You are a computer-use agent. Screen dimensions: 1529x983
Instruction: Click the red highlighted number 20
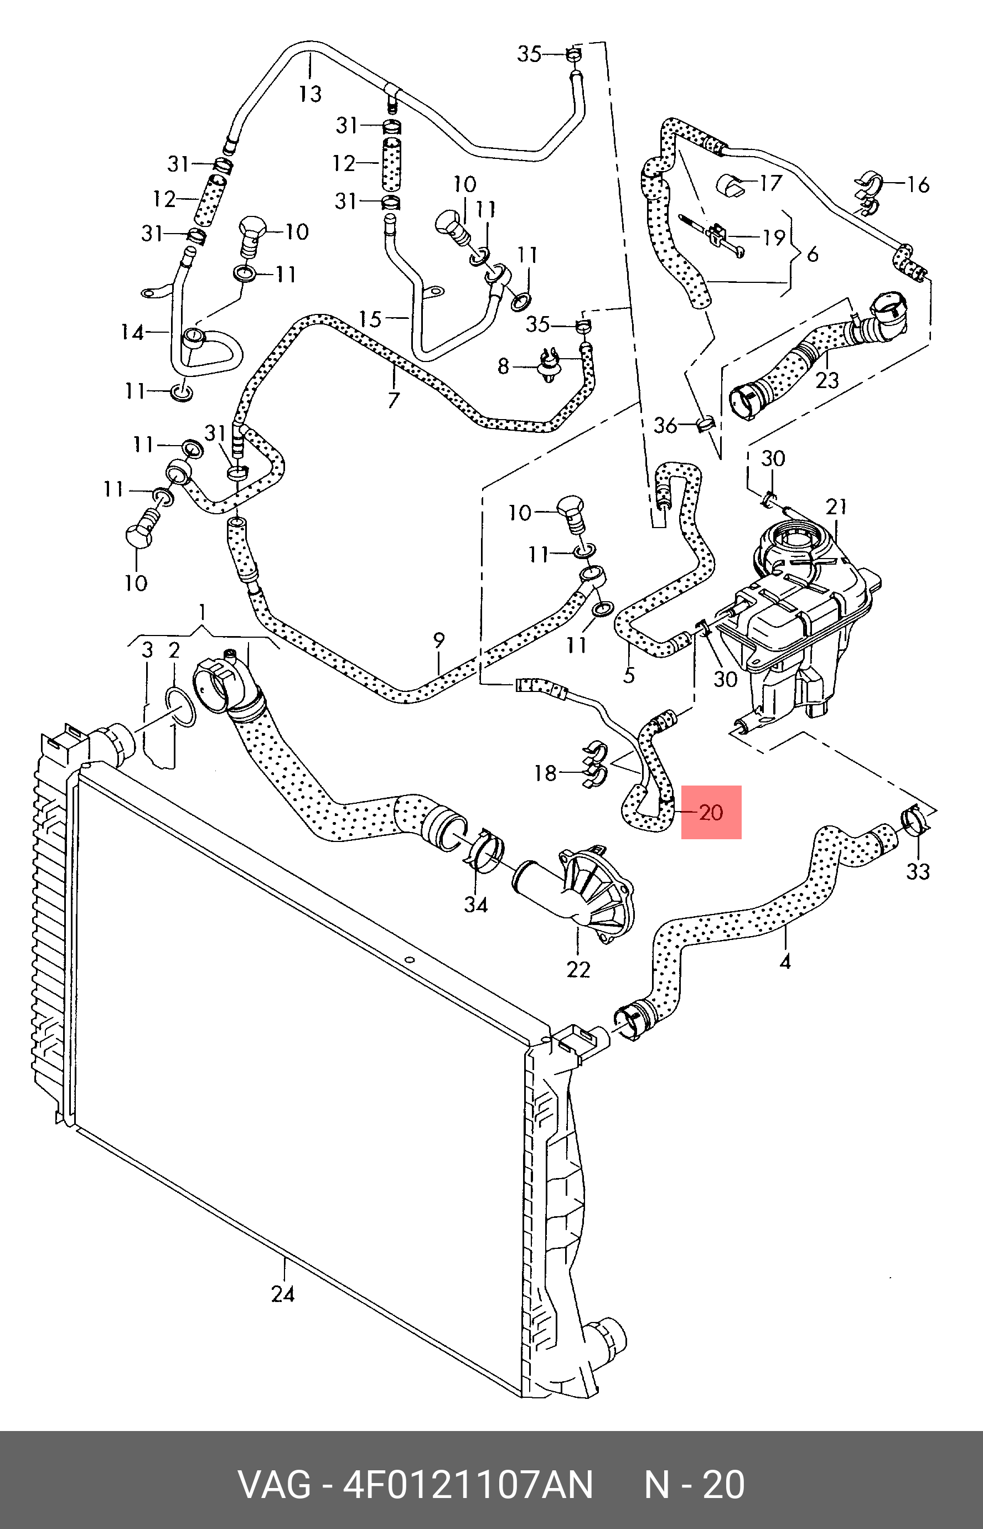(711, 812)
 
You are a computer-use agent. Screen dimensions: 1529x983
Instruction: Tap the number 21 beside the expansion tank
(836, 507)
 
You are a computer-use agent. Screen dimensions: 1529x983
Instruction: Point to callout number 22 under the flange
(578, 969)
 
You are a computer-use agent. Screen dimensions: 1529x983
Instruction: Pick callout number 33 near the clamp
(918, 871)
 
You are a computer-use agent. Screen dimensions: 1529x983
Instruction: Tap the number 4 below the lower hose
(785, 961)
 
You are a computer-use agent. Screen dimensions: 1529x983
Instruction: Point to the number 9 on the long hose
(438, 640)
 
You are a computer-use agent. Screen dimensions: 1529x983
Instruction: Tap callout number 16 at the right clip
(918, 184)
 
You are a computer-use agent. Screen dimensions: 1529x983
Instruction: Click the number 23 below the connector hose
(827, 380)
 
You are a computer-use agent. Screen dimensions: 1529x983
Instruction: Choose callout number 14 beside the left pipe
(132, 332)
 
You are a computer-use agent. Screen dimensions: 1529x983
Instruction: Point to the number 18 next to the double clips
(545, 773)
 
